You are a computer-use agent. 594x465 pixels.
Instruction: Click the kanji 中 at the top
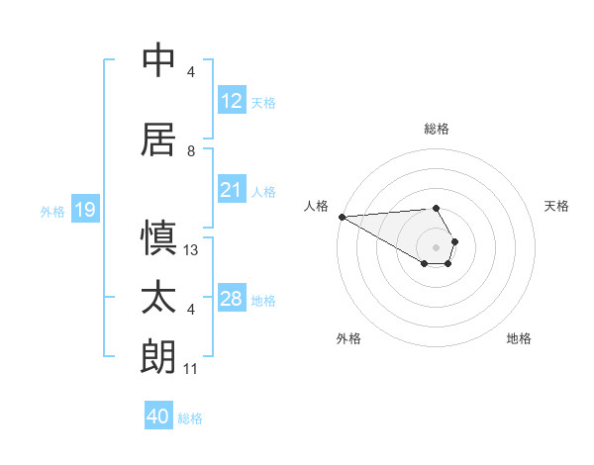coord(159,60)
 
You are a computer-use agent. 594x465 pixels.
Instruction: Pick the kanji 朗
coord(159,356)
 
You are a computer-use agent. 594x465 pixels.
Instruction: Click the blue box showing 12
coord(231,101)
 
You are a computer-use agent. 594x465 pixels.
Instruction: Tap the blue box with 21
coord(231,190)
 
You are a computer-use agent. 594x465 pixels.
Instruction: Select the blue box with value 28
coord(231,299)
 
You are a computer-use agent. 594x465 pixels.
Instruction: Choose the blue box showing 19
coord(84,210)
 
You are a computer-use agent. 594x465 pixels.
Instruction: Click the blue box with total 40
coord(158,417)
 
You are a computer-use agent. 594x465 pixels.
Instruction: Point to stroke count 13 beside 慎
coord(192,250)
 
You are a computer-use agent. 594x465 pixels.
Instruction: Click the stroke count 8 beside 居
coord(191,151)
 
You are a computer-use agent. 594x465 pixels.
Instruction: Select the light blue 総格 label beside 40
coord(190,418)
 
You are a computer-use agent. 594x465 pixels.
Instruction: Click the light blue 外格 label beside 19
coord(52,211)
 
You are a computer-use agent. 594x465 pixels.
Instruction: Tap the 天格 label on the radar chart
coord(556,206)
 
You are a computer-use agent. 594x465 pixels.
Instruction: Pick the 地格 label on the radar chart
coord(519,338)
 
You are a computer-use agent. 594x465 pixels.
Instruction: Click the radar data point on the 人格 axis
coord(342,217)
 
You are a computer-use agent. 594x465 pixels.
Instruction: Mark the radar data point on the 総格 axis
coord(436,208)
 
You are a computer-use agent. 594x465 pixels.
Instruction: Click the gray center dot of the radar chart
coord(436,246)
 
